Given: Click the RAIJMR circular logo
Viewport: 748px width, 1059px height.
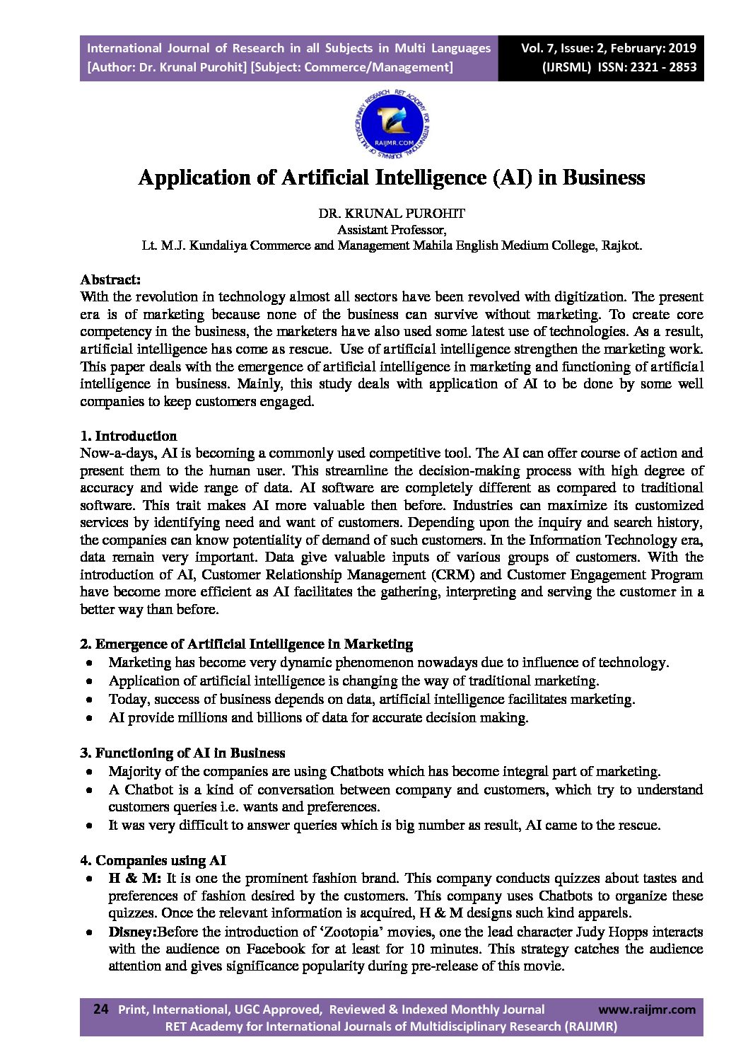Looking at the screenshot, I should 391,125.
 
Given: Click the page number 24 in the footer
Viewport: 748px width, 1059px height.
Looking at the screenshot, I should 101,1009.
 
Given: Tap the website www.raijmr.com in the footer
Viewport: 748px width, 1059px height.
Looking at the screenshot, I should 646,1009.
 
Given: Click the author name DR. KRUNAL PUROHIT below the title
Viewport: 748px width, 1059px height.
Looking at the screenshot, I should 391,213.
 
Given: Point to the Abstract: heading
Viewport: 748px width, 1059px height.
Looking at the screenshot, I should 110,279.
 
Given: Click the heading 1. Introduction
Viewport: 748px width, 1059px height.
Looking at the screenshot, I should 129,436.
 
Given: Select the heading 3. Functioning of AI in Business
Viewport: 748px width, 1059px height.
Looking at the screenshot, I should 182,753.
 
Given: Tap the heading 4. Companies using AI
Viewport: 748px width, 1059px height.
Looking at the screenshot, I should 153,860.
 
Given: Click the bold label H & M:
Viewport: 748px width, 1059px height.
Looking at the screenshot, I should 134,878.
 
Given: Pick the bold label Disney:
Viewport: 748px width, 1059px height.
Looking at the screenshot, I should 132,932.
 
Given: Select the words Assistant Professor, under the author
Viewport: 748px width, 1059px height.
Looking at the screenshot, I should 391,229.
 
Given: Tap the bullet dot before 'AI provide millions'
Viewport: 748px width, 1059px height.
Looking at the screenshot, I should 88,718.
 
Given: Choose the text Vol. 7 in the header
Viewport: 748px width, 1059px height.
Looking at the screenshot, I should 537,48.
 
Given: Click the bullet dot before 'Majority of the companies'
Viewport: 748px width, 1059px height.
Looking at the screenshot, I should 88,772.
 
